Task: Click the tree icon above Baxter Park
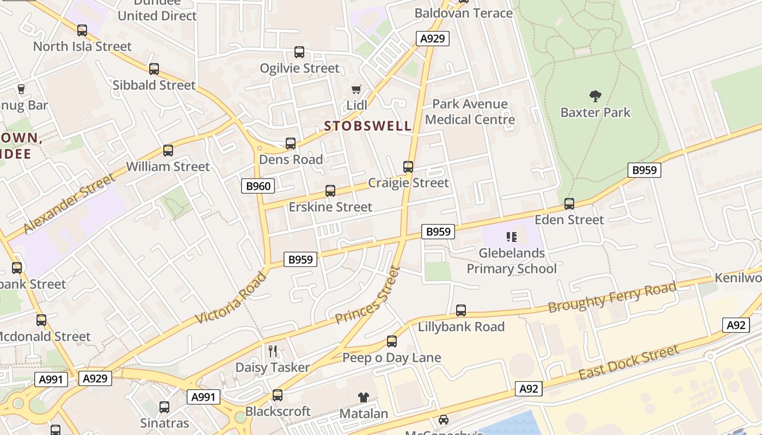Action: [595, 96]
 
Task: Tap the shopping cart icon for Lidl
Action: [357, 89]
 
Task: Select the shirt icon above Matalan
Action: [363, 397]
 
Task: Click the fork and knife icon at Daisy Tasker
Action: [273, 351]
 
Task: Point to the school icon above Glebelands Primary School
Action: [511, 237]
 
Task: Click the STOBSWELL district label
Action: [368, 126]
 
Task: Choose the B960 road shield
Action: [258, 186]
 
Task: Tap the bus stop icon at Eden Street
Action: [569, 204]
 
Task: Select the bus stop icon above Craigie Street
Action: [408, 167]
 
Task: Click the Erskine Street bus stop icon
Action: [330, 191]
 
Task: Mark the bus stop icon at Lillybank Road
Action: [461, 310]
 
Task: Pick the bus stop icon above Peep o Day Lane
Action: [392, 341]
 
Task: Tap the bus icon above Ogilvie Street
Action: [299, 52]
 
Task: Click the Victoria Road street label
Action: [231, 297]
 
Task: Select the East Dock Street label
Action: [629, 363]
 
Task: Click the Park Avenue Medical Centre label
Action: [470, 111]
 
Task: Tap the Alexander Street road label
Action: [70, 203]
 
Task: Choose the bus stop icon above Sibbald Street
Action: [154, 69]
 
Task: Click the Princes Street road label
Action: [368, 295]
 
